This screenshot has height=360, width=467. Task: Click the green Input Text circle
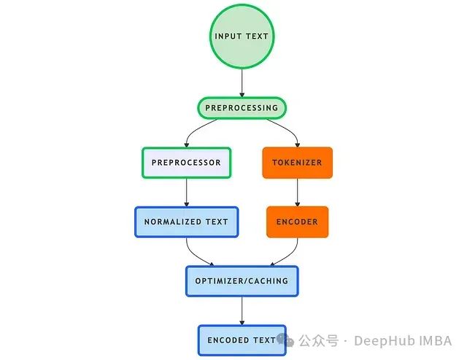[x=242, y=37]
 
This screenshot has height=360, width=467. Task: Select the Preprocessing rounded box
[x=242, y=108]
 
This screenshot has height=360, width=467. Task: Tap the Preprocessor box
[x=186, y=163]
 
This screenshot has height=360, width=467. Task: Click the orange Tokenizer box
[x=297, y=163]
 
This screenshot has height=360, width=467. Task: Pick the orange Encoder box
[x=297, y=221]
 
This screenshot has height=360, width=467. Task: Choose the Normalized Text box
[x=186, y=222]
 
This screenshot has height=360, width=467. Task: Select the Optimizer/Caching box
[x=242, y=280]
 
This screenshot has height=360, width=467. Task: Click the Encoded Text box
[x=242, y=340]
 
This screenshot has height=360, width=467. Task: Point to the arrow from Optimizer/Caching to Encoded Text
[x=242, y=310]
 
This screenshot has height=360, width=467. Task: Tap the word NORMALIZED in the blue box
[x=173, y=222]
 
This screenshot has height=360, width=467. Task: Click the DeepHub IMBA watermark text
[x=413, y=341]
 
